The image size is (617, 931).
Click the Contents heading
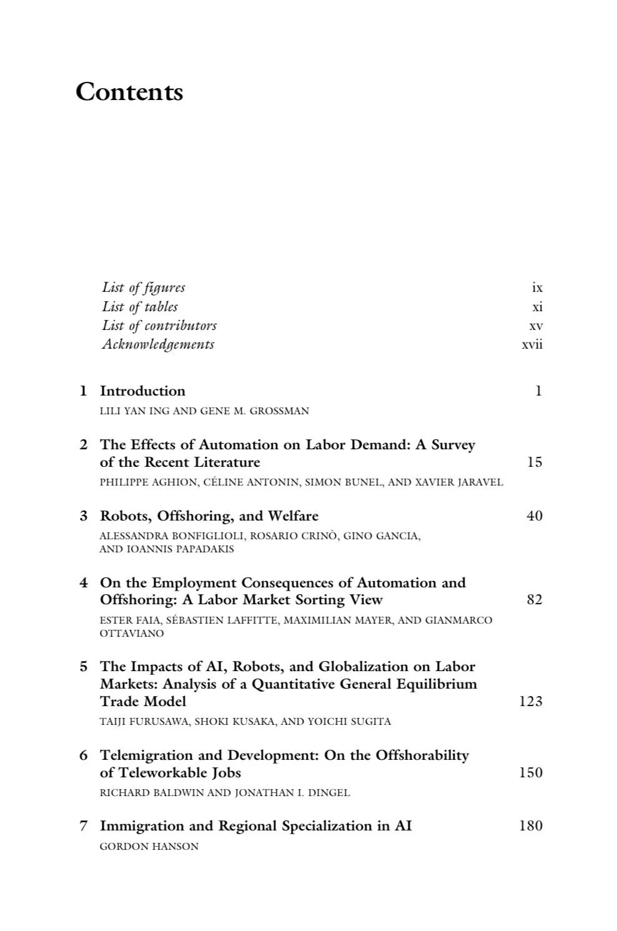[x=129, y=92]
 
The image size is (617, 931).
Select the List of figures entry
[x=144, y=287]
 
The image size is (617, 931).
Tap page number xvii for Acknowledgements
[x=532, y=344]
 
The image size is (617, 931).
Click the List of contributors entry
[x=159, y=326]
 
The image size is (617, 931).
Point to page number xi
[x=537, y=307]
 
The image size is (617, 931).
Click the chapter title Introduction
[x=142, y=391]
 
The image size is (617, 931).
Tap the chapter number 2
[x=84, y=445]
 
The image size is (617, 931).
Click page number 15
[x=534, y=462]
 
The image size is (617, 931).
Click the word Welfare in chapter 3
[x=293, y=516]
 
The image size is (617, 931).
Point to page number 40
[x=534, y=516]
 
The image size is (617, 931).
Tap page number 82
[x=534, y=600]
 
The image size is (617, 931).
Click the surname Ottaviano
[x=132, y=634]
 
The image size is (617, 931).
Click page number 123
[x=531, y=701]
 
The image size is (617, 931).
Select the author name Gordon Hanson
[x=149, y=847]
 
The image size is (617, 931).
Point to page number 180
[x=531, y=826]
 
